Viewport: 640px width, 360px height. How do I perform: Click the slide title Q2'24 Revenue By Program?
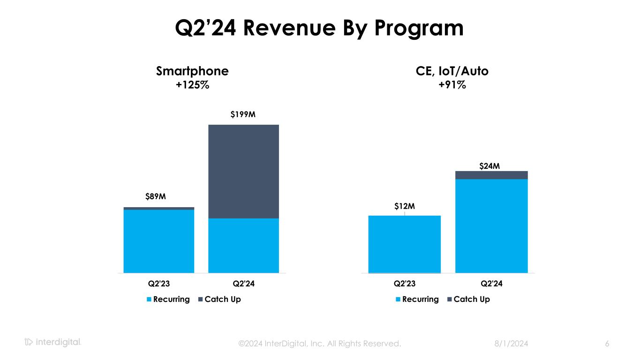click(319, 28)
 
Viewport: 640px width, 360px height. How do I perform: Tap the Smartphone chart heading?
click(192, 71)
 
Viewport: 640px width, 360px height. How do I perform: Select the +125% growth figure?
click(192, 85)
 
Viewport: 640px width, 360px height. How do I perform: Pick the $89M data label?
click(155, 196)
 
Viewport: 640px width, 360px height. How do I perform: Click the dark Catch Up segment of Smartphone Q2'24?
click(243, 171)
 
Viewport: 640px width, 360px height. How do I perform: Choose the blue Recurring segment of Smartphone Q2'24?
click(243, 245)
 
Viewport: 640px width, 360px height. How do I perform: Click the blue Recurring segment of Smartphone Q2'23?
click(158, 241)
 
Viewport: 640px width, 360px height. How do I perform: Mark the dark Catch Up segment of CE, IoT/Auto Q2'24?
click(491, 175)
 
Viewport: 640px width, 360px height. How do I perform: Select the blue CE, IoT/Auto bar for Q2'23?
click(404, 244)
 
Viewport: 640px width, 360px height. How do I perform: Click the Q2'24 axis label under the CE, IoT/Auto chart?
click(491, 284)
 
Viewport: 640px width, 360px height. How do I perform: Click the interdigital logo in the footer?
click(53, 342)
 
